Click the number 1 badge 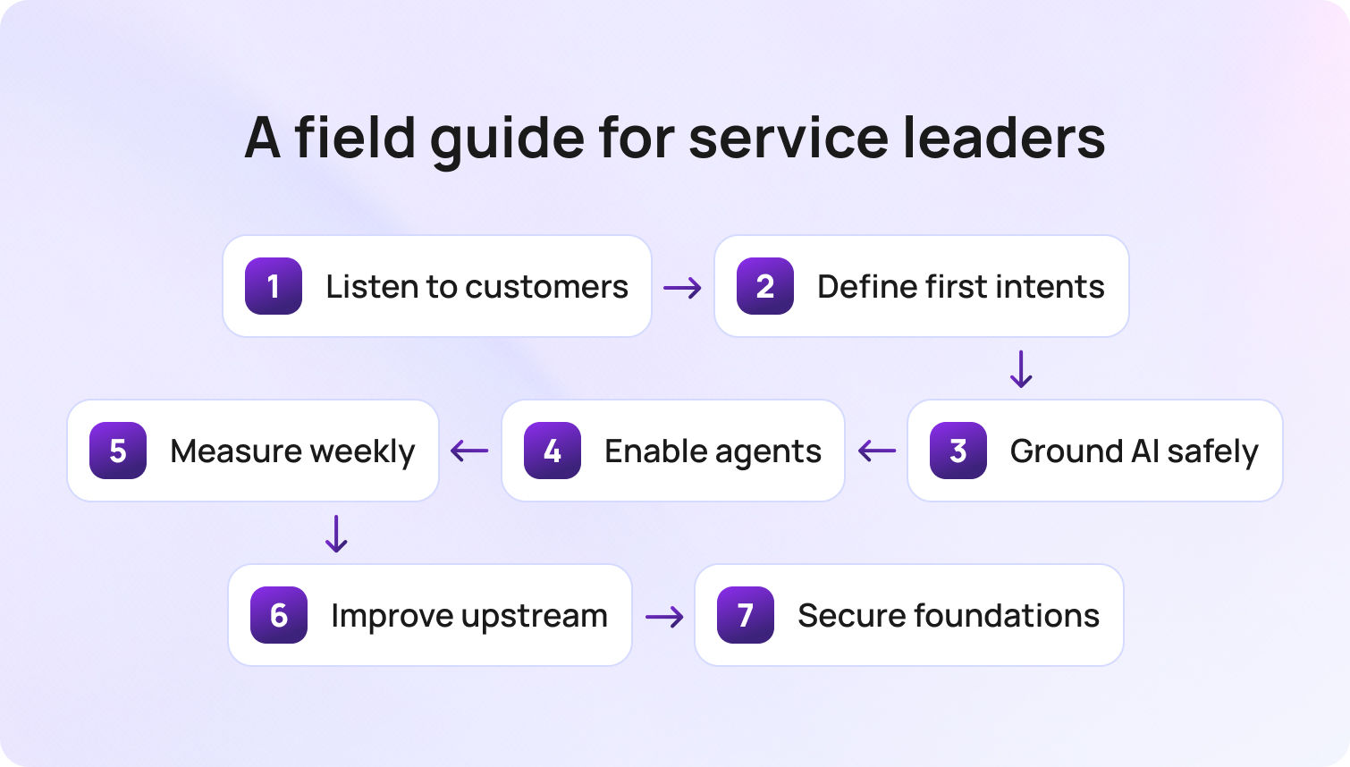[x=274, y=286]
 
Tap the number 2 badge [x=765, y=286]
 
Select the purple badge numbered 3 [x=958, y=451]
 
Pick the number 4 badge [x=553, y=451]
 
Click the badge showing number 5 [x=118, y=451]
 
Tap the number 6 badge [x=279, y=615]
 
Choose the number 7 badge [x=746, y=615]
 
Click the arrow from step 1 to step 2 [x=682, y=287]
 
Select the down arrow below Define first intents [x=1021, y=368]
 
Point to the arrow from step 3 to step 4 [x=876, y=451]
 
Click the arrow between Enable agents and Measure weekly [x=469, y=451]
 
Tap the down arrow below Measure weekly [x=336, y=534]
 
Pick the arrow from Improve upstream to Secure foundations [x=664, y=617]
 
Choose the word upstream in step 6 [x=535, y=617]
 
